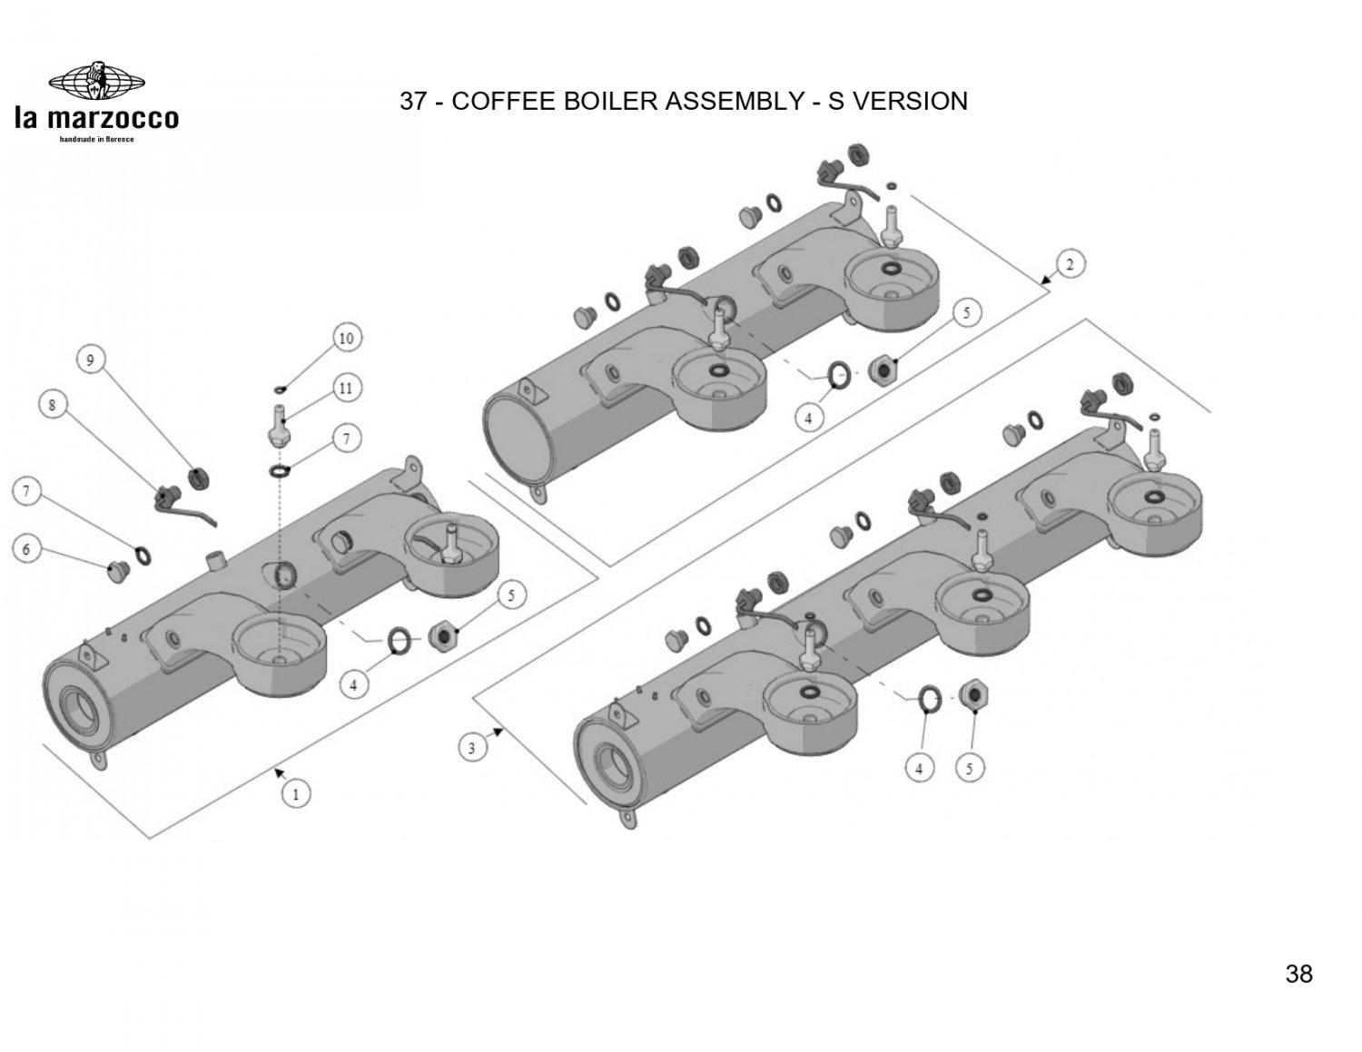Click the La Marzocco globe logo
coord(96,80)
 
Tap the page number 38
coord(1298,974)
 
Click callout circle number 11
coord(345,388)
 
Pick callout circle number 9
coord(90,360)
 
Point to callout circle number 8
coord(53,405)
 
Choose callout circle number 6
coord(26,549)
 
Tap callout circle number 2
coord(1070,265)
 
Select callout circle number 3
coord(471,748)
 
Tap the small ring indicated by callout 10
coord(279,390)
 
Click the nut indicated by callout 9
coord(199,477)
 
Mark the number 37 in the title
coord(413,101)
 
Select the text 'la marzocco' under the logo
coord(96,119)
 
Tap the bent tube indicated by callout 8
coord(191,510)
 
